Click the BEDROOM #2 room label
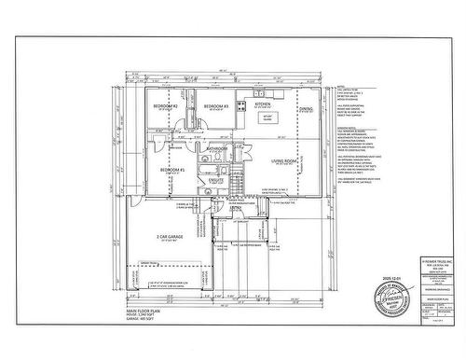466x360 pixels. pos(167,106)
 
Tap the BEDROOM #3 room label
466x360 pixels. pos(217,106)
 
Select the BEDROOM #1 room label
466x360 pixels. pos(172,169)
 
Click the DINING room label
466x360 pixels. pos(306,109)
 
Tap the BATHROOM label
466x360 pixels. pos(218,148)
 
